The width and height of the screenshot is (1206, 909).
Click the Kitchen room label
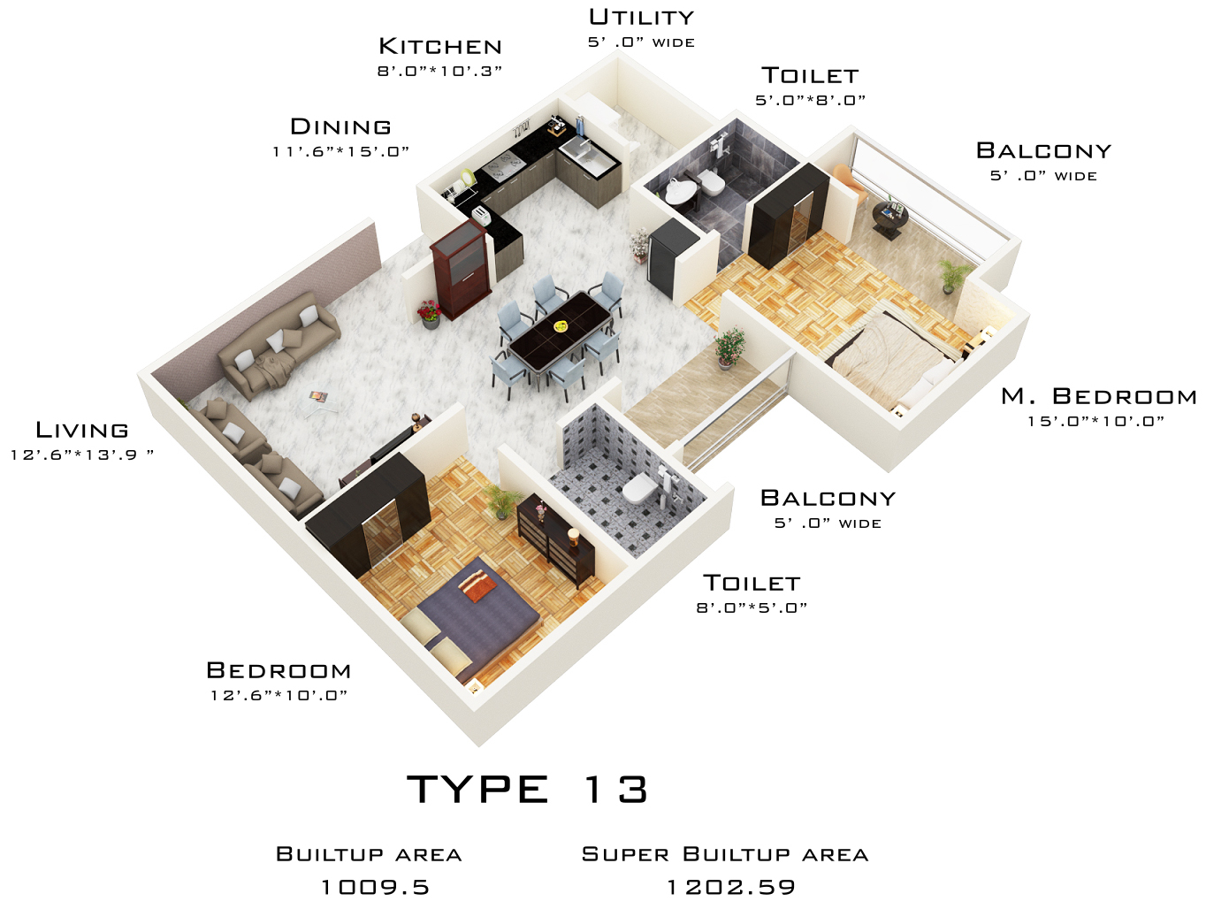(439, 46)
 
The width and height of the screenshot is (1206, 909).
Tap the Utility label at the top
(642, 18)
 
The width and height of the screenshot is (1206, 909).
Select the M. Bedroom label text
(1098, 396)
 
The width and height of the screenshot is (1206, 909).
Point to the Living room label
(82, 431)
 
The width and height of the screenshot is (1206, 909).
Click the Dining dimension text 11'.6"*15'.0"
(340, 151)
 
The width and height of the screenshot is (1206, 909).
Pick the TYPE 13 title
(527, 790)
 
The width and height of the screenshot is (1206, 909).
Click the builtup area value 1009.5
(374, 887)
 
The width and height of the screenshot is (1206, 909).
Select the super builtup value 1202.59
(730, 887)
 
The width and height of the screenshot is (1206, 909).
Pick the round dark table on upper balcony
(889, 217)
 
